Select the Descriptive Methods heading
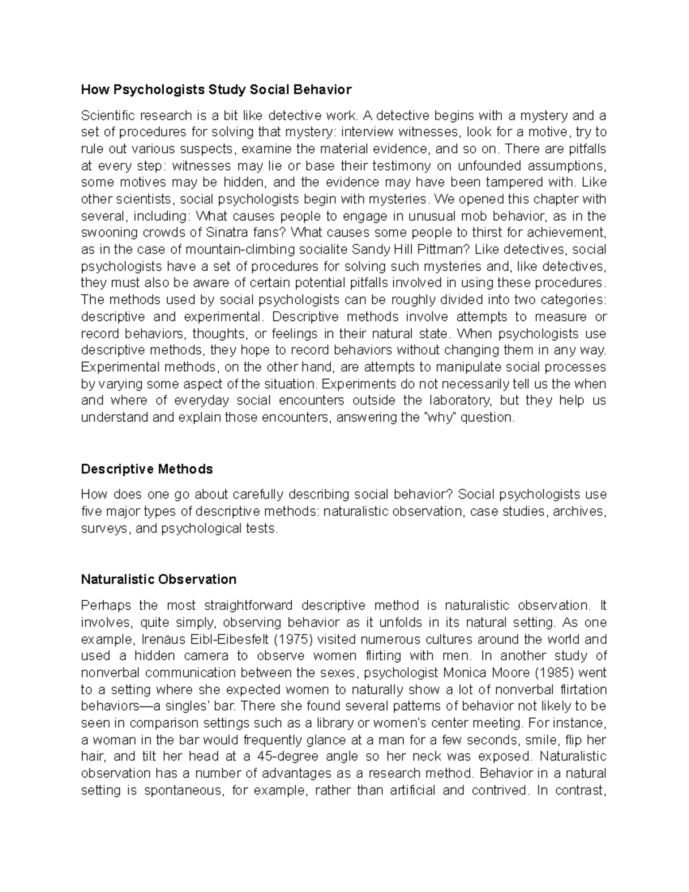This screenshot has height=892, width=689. pyautogui.click(x=147, y=469)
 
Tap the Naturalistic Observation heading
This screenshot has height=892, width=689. pyautogui.click(x=158, y=578)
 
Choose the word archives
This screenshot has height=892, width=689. pyautogui.click(x=581, y=511)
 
